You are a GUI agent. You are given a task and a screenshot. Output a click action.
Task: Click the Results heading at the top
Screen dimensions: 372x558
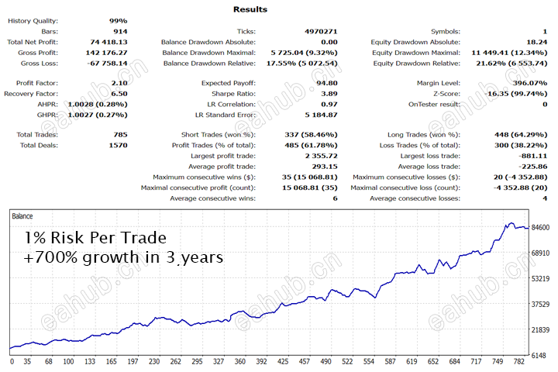(250, 9)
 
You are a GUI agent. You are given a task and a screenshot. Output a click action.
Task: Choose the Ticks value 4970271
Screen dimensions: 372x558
(320, 31)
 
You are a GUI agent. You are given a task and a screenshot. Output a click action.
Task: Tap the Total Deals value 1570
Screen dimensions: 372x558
(116, 145)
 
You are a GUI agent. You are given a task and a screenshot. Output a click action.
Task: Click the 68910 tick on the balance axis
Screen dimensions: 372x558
(541, 253)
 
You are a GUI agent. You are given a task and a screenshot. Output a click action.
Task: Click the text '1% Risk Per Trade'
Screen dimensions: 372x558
(95, 237)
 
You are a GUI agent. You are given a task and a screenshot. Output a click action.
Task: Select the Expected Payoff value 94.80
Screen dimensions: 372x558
(326, 82)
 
